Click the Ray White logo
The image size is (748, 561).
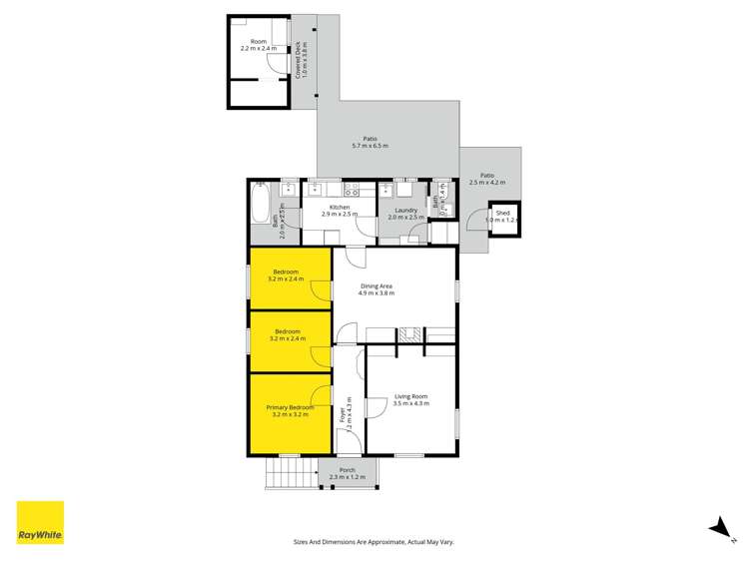(40, 522)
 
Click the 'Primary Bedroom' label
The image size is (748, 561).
(290, 407)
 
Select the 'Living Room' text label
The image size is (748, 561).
(410, 396)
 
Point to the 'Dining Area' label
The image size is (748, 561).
(376, 286)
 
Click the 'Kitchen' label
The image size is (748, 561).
(339, 208)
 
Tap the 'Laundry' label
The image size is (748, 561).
(405, 210)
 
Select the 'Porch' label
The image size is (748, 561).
(347, 470)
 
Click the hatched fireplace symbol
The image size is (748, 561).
(407, 336)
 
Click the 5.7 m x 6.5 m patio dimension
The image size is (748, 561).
(370, 147)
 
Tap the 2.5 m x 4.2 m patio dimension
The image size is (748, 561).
(487, 182)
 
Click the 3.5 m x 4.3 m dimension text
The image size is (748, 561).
(410, 403)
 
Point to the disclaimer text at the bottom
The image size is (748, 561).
(374, 541)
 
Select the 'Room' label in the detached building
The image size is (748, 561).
(259, 41)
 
